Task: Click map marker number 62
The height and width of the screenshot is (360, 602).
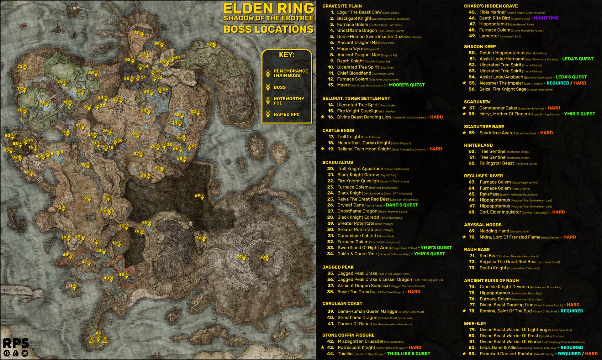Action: [x=214, y=45]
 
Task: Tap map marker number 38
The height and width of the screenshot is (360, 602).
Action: [x=267, y=258]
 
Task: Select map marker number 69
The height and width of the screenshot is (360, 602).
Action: [x=202, y=196]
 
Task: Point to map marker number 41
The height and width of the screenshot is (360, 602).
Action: [x=74, y=287]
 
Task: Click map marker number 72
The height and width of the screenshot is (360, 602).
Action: [x=25, y=67]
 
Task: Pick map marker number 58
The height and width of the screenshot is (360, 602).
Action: [x=142, y=34]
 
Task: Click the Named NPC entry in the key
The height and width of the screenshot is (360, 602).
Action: [x=286, y=114]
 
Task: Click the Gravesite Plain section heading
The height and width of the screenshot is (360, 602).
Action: [x=342, y=6]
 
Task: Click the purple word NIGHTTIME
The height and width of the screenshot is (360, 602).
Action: [x=546, y=18]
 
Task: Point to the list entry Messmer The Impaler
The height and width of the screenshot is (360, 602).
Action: [x=501, y=83]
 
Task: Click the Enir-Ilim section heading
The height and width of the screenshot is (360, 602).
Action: [x=475, y=323]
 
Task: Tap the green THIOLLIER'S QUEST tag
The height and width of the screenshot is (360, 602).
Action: [x=409, y=353]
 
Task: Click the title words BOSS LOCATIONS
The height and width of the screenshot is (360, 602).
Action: [x=268, y=29]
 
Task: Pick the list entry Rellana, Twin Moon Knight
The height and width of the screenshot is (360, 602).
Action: [x=364, y=149]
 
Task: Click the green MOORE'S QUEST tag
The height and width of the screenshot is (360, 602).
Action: [x=407, y=85]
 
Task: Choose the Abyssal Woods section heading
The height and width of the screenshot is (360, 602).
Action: [x=483, y=225]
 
